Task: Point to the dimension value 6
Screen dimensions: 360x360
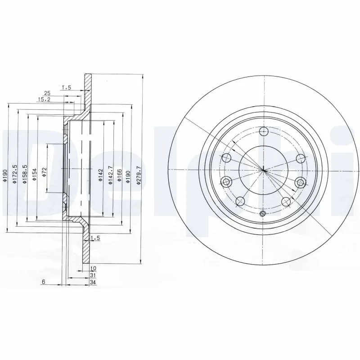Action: pos(44,282)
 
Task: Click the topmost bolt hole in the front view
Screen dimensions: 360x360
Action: pos(264,132)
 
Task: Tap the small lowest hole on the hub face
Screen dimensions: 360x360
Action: pos(264,213)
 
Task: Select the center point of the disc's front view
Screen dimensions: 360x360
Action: pos(264,170)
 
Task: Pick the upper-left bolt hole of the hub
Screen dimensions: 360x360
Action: pos(226,158)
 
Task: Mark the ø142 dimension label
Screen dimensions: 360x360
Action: pos(100,174)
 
